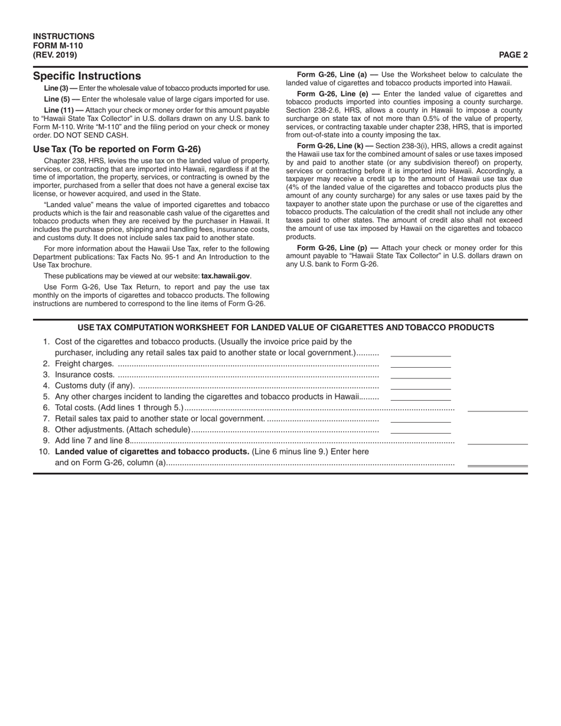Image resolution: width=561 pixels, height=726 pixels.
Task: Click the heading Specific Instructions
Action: (x=87, y=76)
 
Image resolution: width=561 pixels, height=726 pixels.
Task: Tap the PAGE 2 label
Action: (x=513, y=55)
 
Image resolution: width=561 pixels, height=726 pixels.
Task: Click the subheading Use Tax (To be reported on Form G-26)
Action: (x=117, y=149)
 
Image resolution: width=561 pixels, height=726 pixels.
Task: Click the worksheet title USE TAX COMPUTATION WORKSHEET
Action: (x=286, y=328)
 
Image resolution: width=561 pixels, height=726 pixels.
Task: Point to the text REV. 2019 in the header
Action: (x=55, y=55)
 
